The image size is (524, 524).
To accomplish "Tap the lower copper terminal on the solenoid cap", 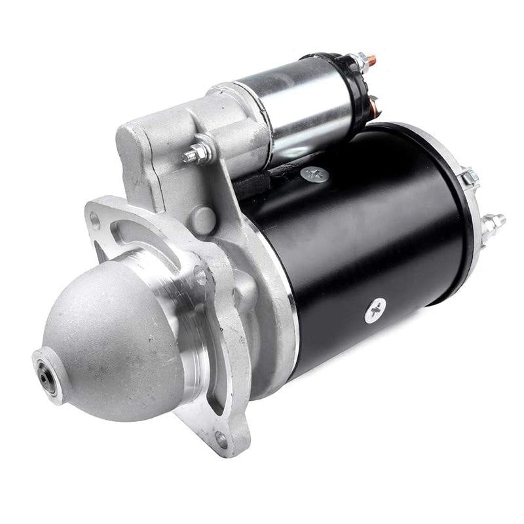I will tap(375, 105).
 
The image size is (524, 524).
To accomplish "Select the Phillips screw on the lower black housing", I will tap(375, 309).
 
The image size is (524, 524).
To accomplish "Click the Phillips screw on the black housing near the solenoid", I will tap(314, 174).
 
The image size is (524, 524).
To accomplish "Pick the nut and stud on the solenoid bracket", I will tap(196, 154).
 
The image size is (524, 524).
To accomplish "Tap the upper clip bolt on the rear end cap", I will tap(468, 177).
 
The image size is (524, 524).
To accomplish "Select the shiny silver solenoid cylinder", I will tap(295, 105).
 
